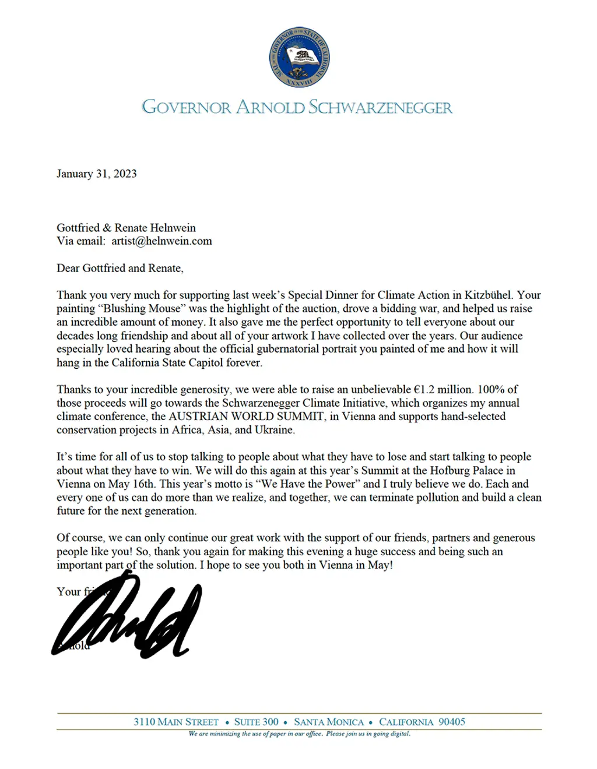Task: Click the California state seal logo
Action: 299,57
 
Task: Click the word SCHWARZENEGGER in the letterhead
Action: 380,108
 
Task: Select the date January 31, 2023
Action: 96,174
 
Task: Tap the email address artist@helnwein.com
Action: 161,241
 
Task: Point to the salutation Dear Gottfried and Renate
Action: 120,268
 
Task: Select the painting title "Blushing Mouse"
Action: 141,309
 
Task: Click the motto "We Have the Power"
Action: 308,484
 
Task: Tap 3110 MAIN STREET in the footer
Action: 175,722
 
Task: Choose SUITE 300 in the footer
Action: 256,722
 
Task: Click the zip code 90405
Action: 451,722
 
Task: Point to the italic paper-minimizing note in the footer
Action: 299,733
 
